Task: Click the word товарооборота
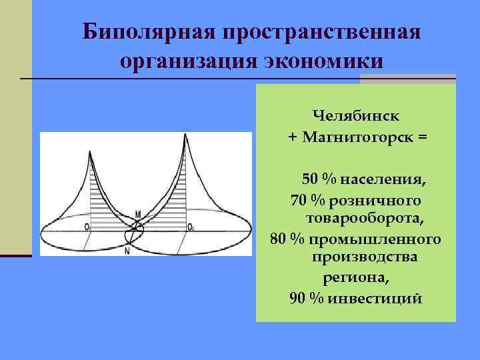point(365,218)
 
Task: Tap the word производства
point(364,257)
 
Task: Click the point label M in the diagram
point(138,214)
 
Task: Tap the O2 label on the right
point(191,227)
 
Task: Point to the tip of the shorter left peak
point(89,151)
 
